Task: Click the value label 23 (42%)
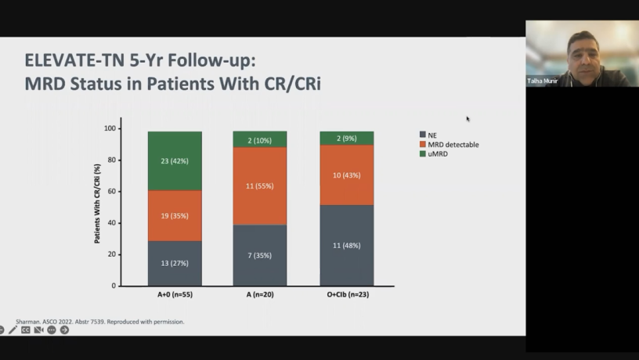click(x=175, y=160)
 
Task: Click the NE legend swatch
click(x=423, y=134)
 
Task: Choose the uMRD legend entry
click(x=441, y=154)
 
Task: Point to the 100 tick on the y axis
click(x=110, y=128)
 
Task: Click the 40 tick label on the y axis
click(x=111, y=223)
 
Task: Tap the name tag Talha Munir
click(x=543, y=81)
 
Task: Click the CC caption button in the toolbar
click(x=26, y=330)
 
